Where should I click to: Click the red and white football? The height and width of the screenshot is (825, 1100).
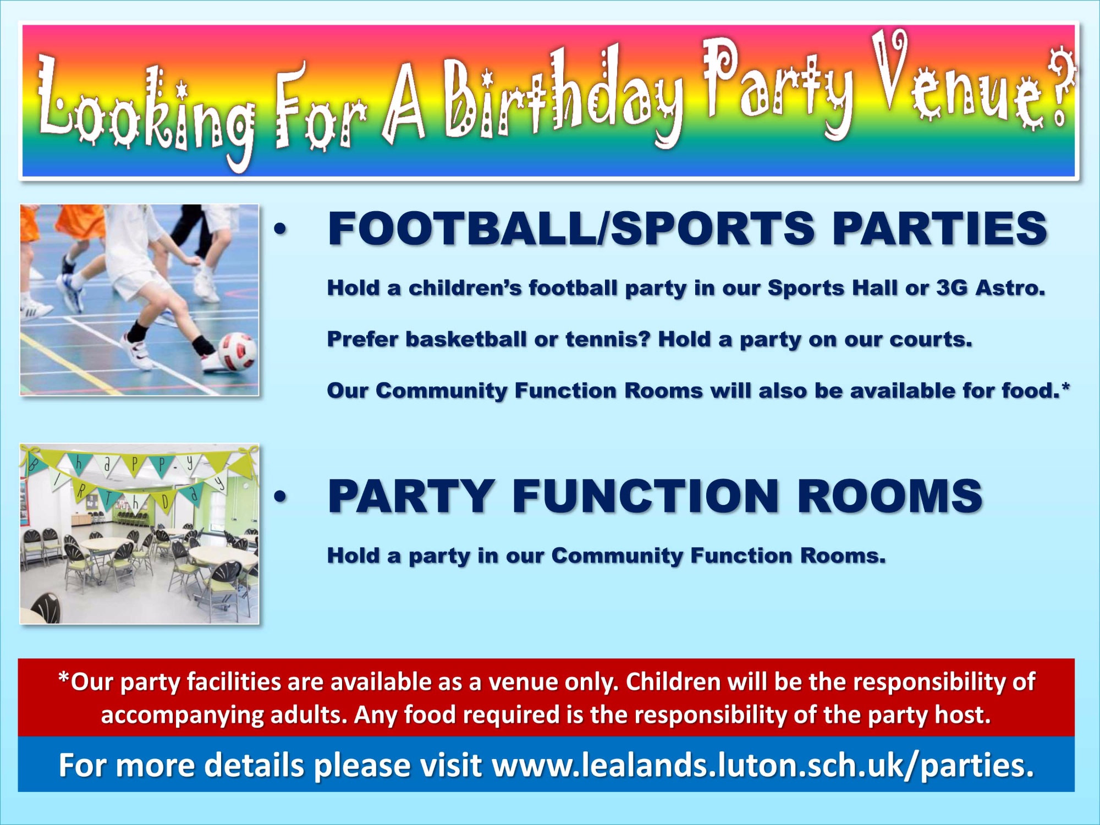click(x=238, y=351)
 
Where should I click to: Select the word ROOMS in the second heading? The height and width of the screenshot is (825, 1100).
click(x=889, y=496)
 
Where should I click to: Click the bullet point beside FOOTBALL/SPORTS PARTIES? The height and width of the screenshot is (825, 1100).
click(x=280, y=230)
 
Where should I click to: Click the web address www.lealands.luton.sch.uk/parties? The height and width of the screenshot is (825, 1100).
click(x=763, y=765)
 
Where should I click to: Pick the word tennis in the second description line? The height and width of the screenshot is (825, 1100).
click(x=608, y=339)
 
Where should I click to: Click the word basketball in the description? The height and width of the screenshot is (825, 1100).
click(x=466, y=339)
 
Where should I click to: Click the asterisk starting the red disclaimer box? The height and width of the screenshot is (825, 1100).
click(x=64, y=678)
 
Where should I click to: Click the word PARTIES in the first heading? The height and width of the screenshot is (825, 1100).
click(x=940, y=229)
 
